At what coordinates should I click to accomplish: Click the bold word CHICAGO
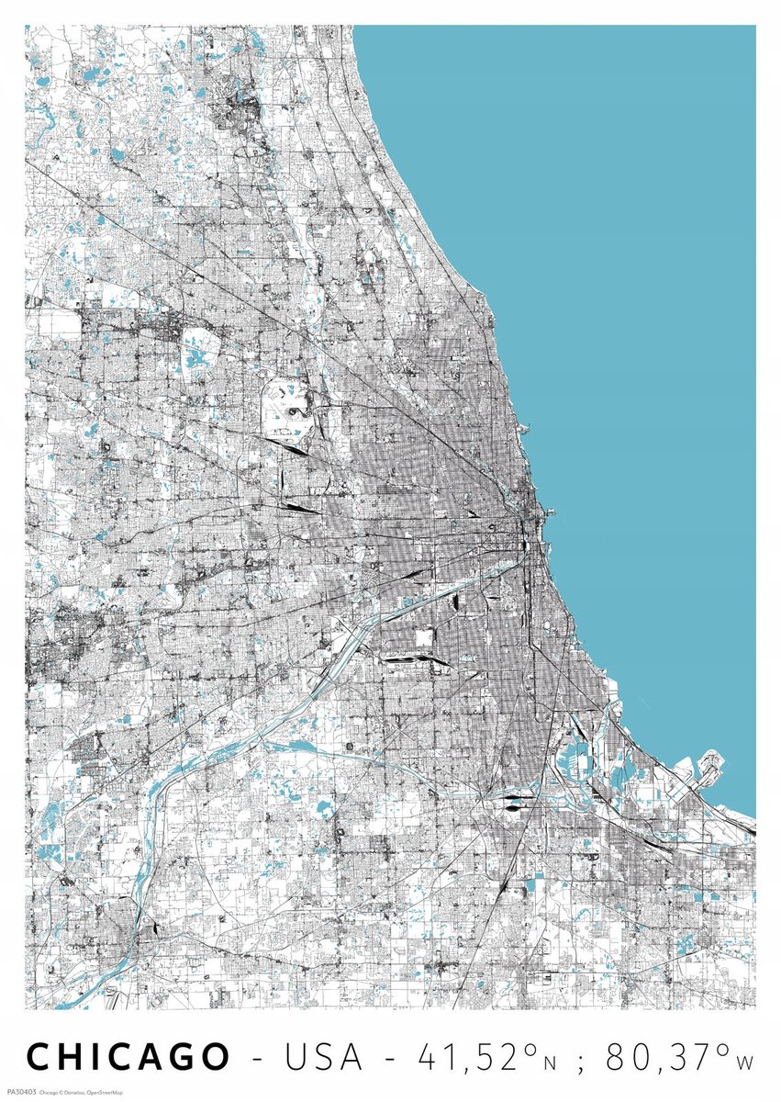[128, 1057]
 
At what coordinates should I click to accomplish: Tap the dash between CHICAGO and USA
[258, 1059]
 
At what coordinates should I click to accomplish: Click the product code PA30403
[18, 1092]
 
